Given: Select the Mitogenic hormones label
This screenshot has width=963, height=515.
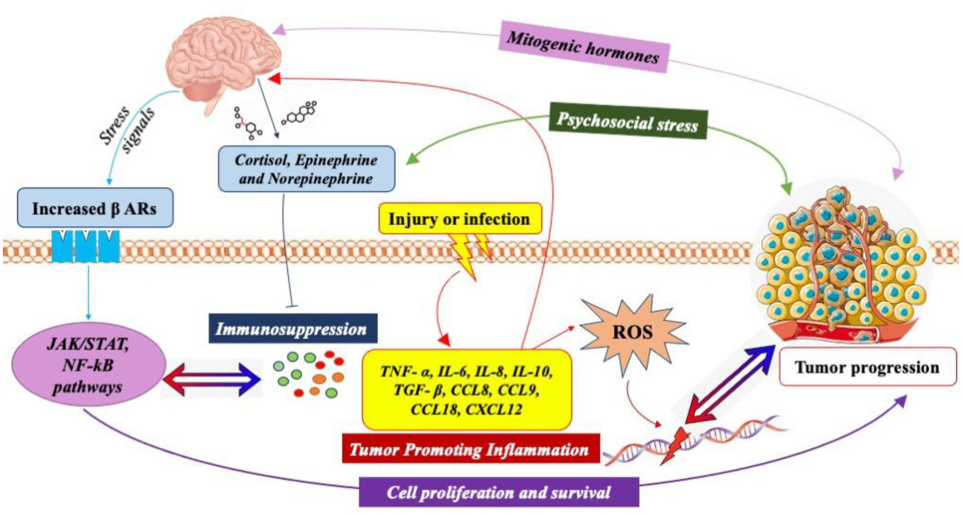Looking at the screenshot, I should pyautogui.click(x=583, y=47).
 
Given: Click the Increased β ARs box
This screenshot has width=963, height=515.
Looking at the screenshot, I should pyautogui.click(x=94, y=208).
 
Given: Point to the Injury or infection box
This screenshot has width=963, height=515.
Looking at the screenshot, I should pyautogui.click(x=459, y=219).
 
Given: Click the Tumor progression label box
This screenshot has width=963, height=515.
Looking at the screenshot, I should pyautogui.click(x=867, y=368).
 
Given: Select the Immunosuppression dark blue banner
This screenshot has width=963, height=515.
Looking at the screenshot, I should pyautogui.click(x=292, y=328).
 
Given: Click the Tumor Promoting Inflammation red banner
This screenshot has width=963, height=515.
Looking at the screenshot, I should pyautogui.click(x=470, y=449).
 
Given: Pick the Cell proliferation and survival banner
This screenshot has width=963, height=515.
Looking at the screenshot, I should pyautogui.click(x=498, y=492).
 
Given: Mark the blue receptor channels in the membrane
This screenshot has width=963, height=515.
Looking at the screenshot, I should pyautogui.click(x=85, y=245).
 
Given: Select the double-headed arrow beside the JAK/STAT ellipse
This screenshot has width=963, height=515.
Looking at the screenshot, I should pyautogui.click(x=211, y=379).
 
